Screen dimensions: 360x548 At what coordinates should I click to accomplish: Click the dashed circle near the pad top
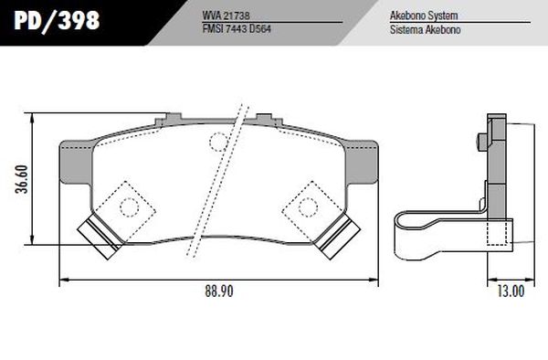coord(218,140)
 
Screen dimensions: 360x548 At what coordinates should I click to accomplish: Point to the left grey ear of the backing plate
coord(74,161)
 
